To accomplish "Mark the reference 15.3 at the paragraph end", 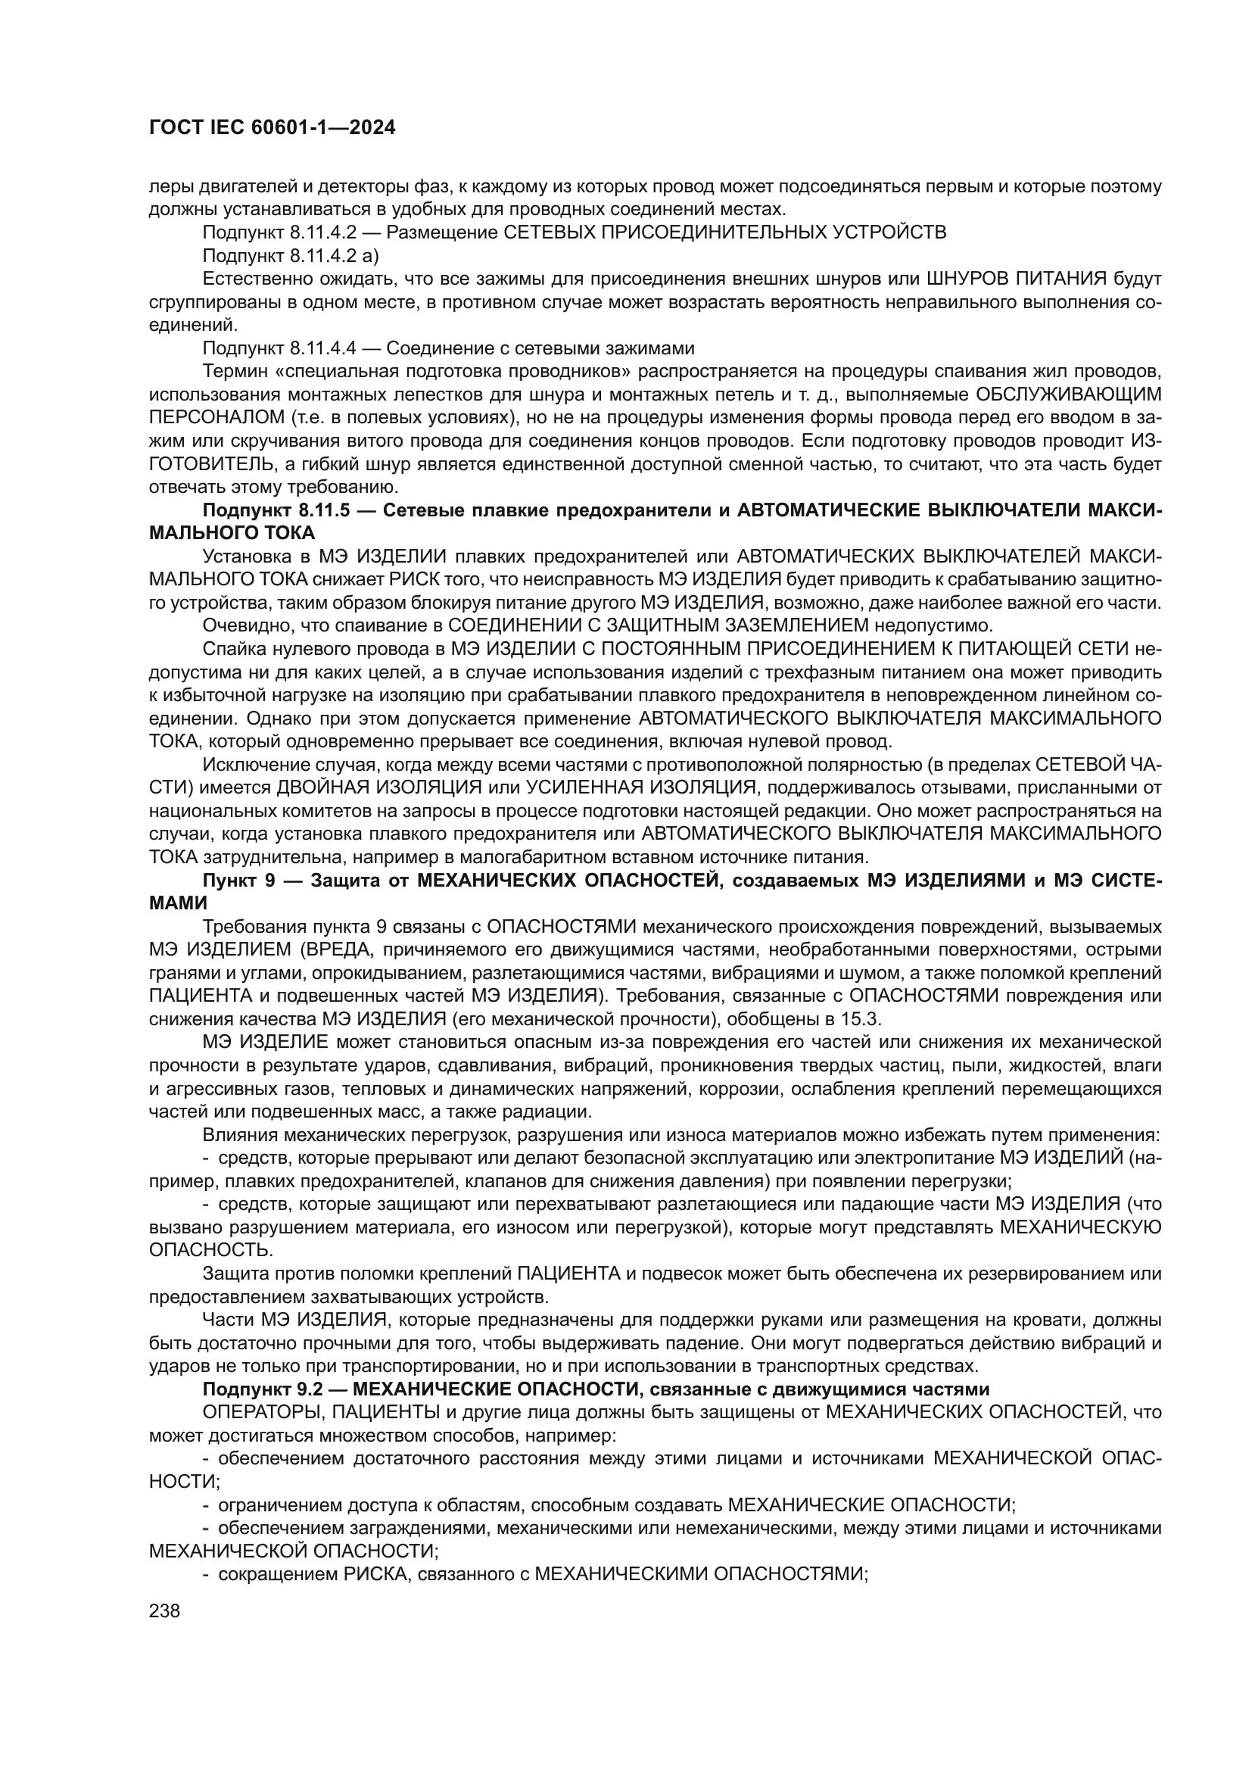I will tap(863, 1018).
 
